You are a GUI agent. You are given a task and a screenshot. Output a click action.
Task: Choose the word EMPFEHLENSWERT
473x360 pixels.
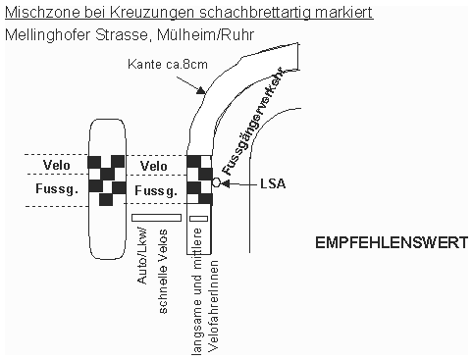tap(392, 241)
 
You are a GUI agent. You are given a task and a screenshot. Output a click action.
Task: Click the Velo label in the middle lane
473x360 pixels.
tap(155, 165)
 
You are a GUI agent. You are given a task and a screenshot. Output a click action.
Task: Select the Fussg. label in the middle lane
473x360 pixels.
tap(155, 188)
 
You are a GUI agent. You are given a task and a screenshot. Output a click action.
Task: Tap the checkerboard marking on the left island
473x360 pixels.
tap(105, 178)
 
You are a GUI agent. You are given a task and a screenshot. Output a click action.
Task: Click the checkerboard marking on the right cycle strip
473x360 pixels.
tap(198, 178)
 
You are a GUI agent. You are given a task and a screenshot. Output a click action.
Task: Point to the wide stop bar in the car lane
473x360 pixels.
tap(156, 217)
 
